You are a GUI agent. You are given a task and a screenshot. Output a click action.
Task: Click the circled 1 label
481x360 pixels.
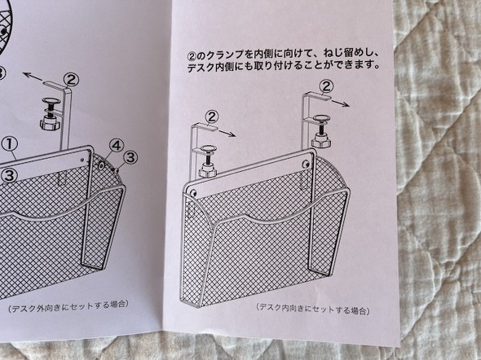tap(10, 145)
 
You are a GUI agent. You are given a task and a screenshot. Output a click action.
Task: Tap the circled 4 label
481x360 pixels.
tap(117, 146)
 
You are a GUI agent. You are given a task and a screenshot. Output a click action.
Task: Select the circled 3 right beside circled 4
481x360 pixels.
tap(130, 158)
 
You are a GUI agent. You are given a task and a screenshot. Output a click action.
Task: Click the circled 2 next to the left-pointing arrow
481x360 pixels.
tap(72, 81)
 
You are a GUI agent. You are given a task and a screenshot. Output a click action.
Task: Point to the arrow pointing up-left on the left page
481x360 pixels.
tap(33, 77)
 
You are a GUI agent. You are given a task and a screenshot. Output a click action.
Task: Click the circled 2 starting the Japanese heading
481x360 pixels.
tap(192, 56)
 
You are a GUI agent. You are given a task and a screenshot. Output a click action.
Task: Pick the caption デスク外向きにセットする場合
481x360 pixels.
tap(68, 305)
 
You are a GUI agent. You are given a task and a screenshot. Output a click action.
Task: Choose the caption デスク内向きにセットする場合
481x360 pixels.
tap(313, 308)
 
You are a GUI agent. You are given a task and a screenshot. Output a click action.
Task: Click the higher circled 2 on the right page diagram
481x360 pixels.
tap(326, 86)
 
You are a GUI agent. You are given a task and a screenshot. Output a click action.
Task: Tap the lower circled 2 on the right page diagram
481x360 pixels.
tap(212, 116)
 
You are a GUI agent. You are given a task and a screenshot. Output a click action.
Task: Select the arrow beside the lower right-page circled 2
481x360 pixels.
tap(227, 133)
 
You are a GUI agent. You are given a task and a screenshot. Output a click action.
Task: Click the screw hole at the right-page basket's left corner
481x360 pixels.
tap(193, 193)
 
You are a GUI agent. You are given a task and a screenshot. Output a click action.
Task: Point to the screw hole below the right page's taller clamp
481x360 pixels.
tap(305, 165)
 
